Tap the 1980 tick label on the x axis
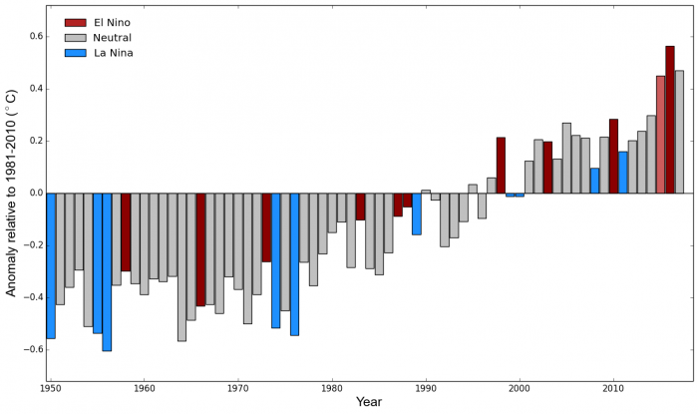[332, 386]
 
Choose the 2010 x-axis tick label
[612, 386]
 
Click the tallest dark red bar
[670, 120]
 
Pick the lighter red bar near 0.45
[660, 134]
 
